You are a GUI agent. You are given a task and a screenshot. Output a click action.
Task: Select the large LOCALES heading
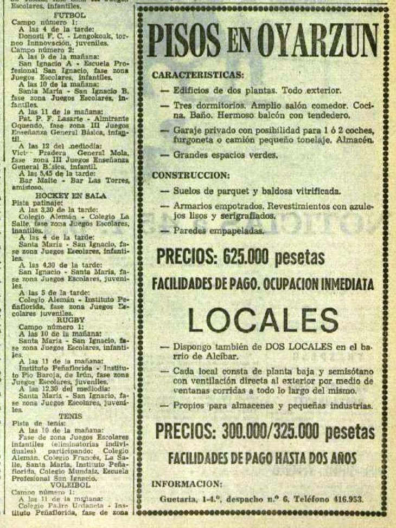point(264,320)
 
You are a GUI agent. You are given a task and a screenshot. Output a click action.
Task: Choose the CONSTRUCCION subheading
point(190,175)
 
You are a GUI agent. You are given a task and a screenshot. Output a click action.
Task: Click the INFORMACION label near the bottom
point(187,484)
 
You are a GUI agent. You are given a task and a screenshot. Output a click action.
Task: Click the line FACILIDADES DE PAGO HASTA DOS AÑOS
point(262,459)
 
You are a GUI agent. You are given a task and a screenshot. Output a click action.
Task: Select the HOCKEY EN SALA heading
point(71,195)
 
